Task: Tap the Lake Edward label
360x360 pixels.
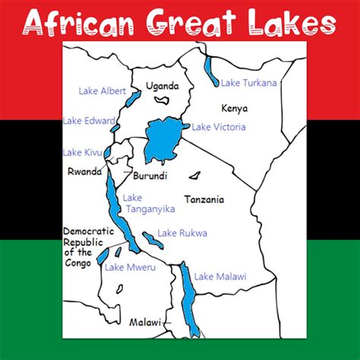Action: (90, 120)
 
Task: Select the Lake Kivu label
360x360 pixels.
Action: (83, 153)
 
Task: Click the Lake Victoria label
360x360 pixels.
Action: (219, 127)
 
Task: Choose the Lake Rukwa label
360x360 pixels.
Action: (182, 233)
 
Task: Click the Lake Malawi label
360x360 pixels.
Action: (220, 276)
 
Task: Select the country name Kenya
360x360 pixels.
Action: (234, 109)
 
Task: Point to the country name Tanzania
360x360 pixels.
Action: (204, 200)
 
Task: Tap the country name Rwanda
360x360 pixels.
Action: (84, 172)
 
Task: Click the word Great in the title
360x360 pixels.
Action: (200, 23)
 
